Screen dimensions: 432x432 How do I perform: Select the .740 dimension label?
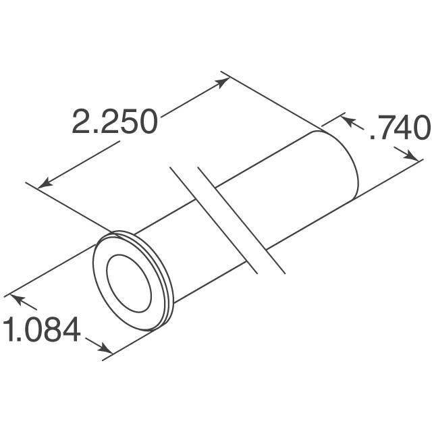click(399, 128)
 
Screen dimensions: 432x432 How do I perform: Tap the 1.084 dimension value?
click(42, 331)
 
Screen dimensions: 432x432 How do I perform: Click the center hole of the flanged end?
click(126, 283)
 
